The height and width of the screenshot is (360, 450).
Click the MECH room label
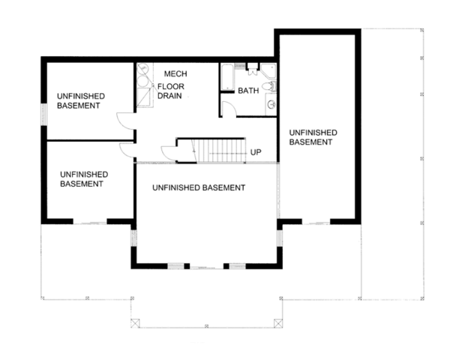coord(175,73)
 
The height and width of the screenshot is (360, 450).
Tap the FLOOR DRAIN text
coord(169,91)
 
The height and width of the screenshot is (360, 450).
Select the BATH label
coord(248,91)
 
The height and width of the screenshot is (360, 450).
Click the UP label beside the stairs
coord(256,153)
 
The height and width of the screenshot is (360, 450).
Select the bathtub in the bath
coord(227,77)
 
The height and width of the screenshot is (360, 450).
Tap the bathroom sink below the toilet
coord(271,105)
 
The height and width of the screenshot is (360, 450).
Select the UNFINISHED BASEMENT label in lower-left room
coord(83,178)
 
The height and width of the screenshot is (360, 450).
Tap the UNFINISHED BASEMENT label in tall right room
coord(310,136)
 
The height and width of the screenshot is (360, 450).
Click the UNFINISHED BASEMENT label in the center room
coord(197,187)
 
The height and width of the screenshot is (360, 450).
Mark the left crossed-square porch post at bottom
coord(135,322)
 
